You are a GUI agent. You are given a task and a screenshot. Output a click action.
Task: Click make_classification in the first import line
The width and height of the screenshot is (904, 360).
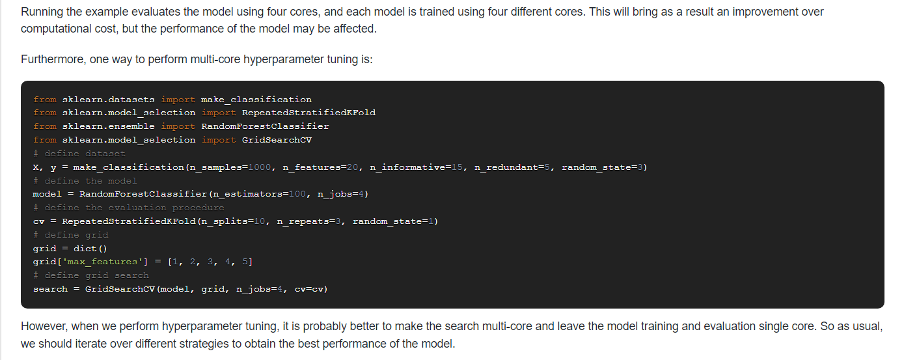256,100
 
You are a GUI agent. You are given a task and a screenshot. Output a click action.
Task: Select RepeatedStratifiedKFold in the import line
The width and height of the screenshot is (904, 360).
308,113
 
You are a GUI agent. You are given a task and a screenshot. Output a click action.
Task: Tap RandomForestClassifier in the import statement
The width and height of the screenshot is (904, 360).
265,126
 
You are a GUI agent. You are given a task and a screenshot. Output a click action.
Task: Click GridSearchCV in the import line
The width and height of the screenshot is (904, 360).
277,140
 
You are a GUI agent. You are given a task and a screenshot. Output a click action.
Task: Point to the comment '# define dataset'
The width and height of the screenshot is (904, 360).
79,154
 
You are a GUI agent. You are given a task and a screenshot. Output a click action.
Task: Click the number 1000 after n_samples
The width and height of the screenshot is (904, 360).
260,167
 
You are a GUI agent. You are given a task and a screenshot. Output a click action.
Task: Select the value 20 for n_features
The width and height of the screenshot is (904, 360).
352,167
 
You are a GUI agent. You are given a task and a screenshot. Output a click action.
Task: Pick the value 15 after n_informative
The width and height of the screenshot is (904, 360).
457,167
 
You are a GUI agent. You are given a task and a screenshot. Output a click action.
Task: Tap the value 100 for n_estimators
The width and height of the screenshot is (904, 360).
297,194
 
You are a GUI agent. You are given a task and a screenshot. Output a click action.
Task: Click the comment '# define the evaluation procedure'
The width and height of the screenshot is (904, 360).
129,208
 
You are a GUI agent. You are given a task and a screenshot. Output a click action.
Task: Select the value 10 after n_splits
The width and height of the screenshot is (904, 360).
260,221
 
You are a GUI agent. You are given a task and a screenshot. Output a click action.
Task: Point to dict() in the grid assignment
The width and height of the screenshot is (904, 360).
90,249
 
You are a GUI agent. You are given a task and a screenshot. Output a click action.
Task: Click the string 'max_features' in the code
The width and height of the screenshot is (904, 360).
103,262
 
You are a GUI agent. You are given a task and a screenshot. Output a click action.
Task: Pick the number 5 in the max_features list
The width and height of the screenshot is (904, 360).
245,262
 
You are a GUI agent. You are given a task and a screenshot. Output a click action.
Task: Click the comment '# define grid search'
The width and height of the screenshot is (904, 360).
91,275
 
